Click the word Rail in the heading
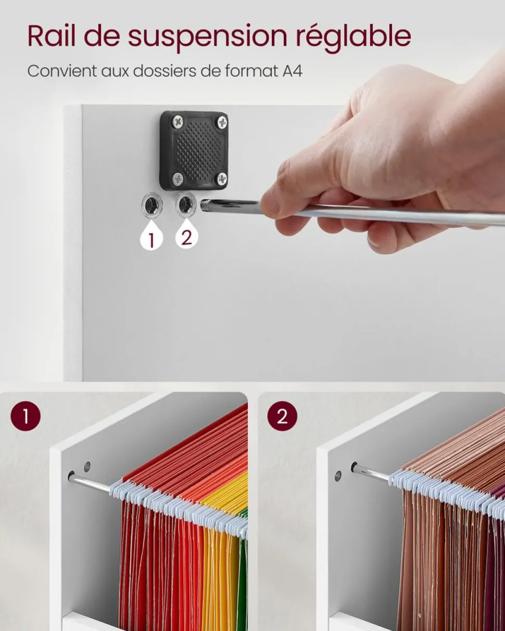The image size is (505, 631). (x=52, y=36)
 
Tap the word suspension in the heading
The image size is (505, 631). (x=207, y=38)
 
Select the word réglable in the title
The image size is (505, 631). (x=353, y=38)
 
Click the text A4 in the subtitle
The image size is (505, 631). (x=292, y=71)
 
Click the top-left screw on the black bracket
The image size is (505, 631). (x=178, y=121)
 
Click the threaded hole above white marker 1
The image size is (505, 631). (x=151, y=204)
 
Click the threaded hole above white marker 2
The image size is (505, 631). (x=186, y=204)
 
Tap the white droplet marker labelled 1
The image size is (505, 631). (x=151, y=236)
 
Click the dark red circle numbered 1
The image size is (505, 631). (x=26, y=416)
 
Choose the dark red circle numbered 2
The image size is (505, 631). (x=282, y=416)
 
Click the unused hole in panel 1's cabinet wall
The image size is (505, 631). (x=87, y=466)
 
